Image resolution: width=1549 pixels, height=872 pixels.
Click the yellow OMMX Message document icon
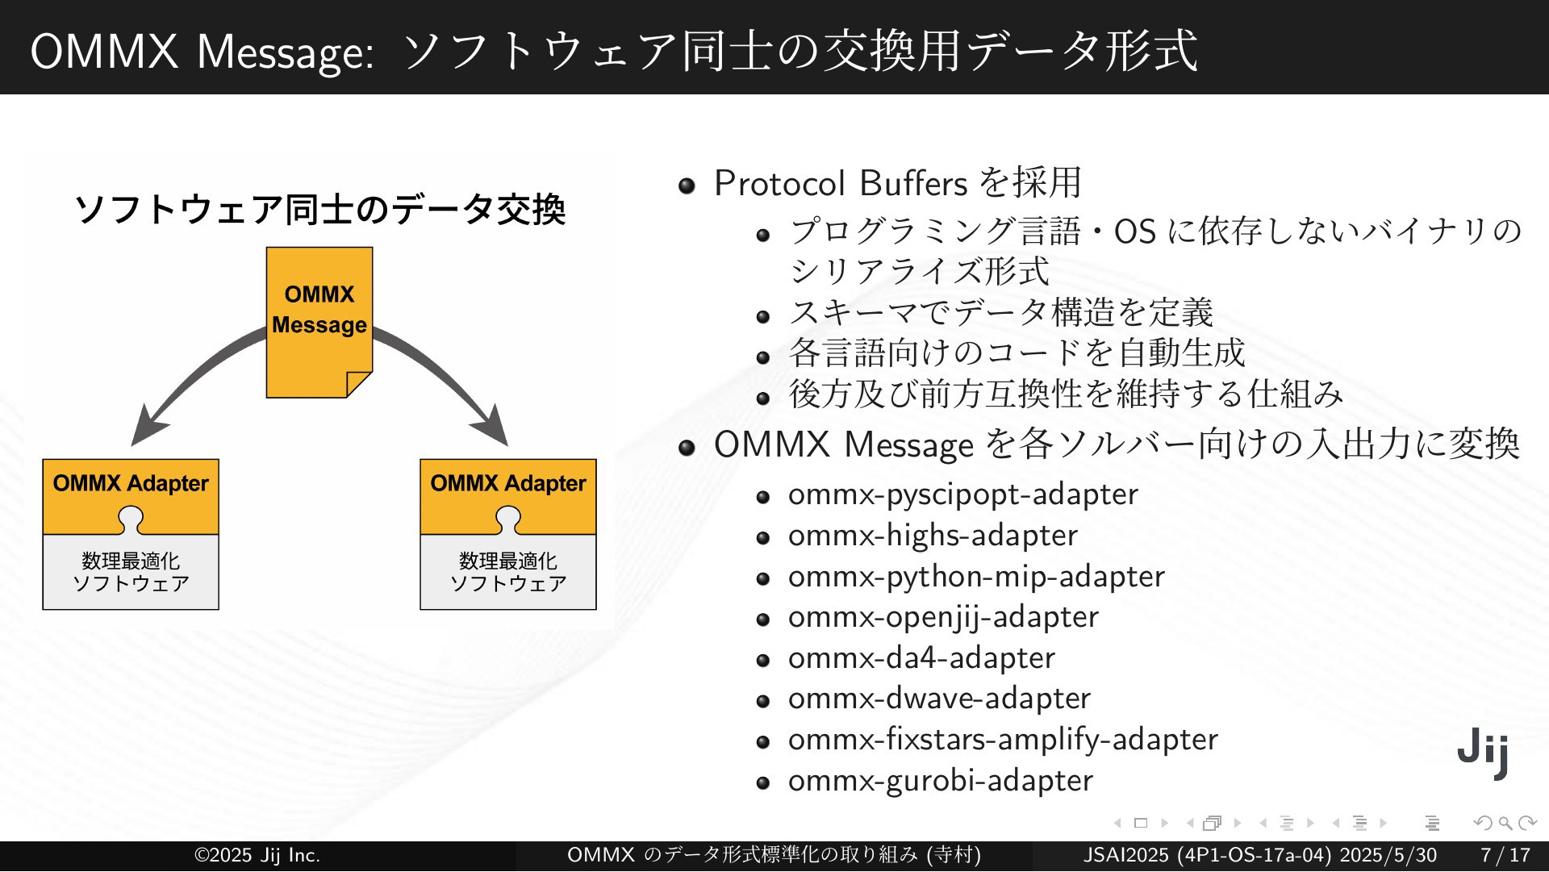(319, 322)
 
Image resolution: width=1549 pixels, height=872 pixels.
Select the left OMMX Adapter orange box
(131, 496)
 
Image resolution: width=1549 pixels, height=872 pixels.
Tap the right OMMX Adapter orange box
(508, 496)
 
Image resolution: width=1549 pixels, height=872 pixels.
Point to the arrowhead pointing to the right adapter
(492, 425)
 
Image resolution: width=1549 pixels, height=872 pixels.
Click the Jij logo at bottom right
(1483, 753)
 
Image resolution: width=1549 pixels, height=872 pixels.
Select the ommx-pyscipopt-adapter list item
(962, 494)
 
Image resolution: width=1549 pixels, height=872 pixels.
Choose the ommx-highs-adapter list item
(933, 535)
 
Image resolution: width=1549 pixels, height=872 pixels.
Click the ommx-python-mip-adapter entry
(976, 576)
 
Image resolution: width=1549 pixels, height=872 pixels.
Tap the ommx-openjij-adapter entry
(943, 617)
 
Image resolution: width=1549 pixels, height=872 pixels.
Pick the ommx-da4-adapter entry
(921, 657)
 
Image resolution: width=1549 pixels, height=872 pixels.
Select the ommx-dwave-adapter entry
(939, 699)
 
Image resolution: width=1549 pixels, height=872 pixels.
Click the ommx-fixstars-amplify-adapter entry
(1003, 740)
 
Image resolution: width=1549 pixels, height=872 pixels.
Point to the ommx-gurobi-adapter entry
(941, 781)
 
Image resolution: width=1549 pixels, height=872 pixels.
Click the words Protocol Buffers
(841, 183)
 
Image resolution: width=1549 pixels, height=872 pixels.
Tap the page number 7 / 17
(1505, 855)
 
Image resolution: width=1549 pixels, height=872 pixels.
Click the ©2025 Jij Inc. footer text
(257, 855)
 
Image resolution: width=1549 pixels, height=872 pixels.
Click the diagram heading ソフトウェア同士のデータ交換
(319, 210)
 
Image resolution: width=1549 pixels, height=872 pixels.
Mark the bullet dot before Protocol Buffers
(687, 186)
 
